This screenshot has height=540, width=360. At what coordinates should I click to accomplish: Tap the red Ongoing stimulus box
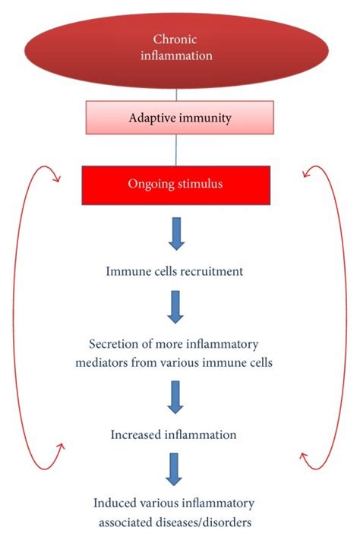click(x=176, y=185)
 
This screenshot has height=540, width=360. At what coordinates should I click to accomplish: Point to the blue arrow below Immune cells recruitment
click(x=176, y=308)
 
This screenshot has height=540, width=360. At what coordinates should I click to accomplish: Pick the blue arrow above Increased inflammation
click(x=176, y=397)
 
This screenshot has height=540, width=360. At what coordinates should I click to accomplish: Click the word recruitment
click(x=216, y=272)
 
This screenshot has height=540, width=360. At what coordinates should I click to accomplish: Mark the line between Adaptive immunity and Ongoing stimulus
click(x=176, y=151)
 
